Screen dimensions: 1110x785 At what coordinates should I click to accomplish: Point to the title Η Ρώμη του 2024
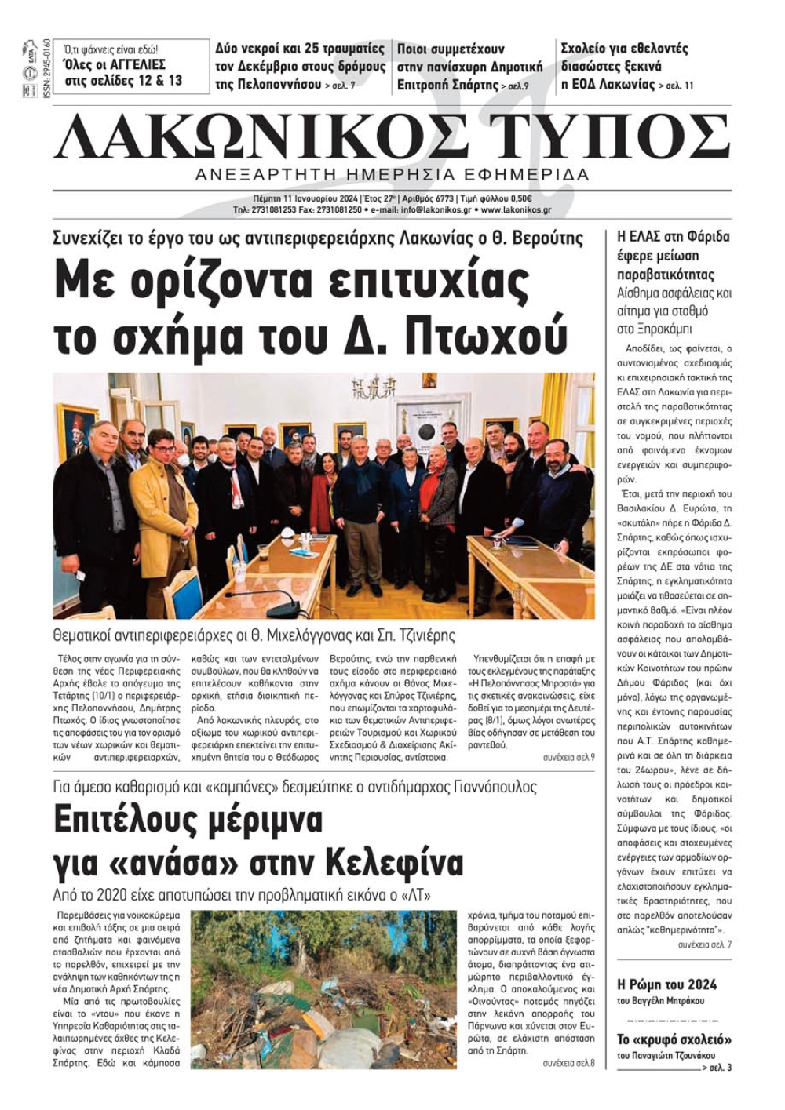[x=666, y=984]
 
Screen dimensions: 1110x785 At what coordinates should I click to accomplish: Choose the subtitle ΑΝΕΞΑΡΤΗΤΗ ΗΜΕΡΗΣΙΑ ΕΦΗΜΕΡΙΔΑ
[x=392, y=174]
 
